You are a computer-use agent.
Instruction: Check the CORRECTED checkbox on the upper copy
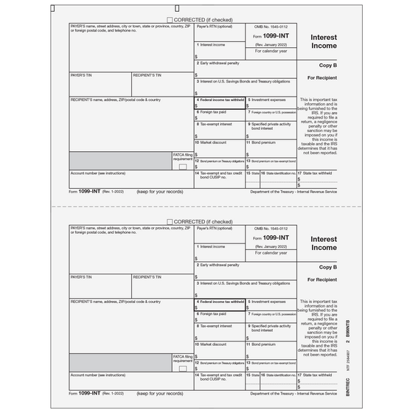[170, 20]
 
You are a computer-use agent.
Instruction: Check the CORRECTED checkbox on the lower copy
[170, 221]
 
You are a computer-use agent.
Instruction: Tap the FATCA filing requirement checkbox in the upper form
[183, 167]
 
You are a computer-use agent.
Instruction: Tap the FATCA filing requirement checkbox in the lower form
[183, 369]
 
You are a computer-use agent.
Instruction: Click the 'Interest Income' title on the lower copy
[324, 243]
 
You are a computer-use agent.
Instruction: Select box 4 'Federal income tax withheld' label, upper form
[221, 99]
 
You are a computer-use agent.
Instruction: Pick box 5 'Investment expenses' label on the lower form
[266, 301]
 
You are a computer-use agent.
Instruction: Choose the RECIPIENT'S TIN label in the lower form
[148, 277]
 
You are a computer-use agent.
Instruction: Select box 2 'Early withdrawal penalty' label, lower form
[218, 264]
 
